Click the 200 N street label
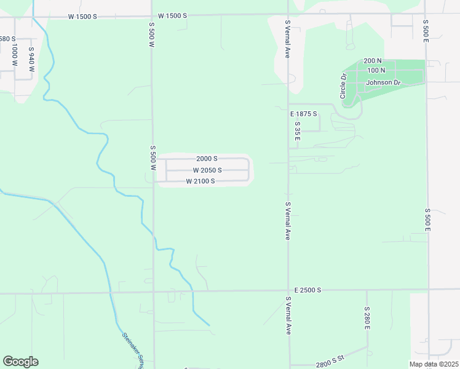pos(373,61)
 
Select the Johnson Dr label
pos(383,82)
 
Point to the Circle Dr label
pos(344,85)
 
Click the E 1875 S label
pos(304,114)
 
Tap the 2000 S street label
pos(207,159)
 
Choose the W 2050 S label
pos(207,170)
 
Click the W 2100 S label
pos(200,181)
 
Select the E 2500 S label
pos(307,290)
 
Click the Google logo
pos(20,361)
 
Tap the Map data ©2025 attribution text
pos(433,364)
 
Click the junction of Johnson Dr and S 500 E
pos(426,82)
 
